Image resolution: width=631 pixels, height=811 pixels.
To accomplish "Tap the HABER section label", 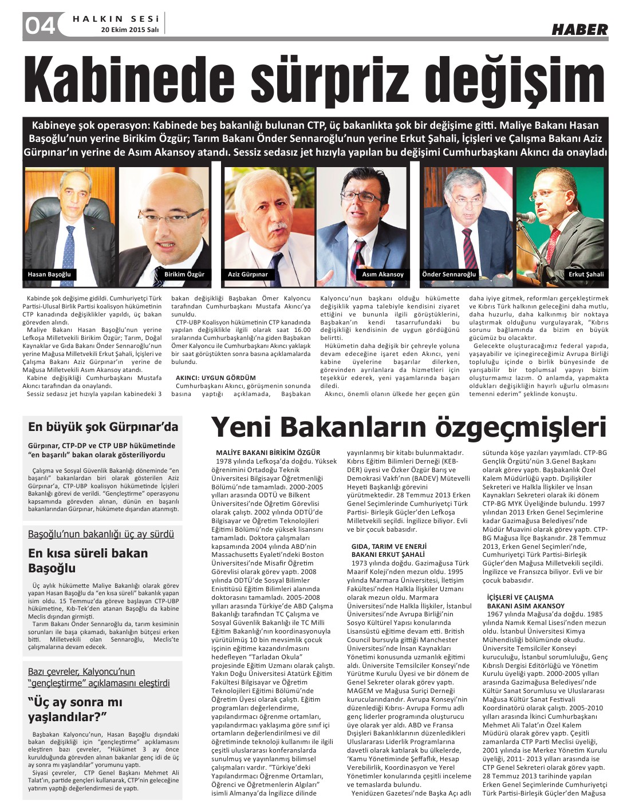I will point(579,30).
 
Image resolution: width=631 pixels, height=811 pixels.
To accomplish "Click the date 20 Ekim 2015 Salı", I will point(129,29).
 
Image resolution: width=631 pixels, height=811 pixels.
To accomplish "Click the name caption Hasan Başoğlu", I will point(49,275).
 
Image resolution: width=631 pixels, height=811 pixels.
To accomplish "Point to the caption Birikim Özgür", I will point(184,275).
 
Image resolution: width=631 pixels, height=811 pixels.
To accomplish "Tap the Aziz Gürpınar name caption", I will point(248,275).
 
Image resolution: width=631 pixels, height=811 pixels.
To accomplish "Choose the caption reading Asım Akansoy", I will point(382,275).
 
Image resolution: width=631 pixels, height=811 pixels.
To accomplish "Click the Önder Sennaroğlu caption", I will point(449,275).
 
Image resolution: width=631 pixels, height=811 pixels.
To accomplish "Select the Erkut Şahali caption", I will point(586,275).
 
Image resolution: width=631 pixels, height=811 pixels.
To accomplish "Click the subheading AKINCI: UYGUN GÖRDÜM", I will point(216,378).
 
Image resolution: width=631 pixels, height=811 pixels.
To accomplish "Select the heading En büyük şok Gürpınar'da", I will point(103,427).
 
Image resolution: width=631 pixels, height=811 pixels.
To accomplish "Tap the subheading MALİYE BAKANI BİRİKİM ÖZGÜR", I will point(268,453).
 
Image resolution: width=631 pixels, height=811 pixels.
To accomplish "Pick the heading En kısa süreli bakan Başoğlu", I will point(88,560).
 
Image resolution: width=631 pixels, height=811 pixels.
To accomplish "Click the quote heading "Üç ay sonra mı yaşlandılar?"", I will point(75,709).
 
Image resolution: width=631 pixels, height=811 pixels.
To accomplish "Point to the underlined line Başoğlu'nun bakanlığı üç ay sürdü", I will point(101,535).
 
